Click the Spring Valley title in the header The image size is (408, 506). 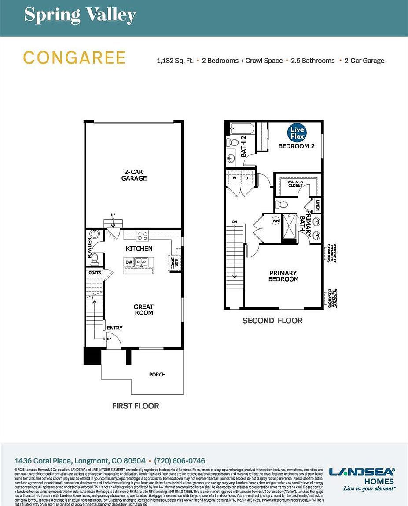pyautogui.click(x=80, y=15)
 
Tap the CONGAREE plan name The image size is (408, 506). pyautogui.click(x=74, y=58)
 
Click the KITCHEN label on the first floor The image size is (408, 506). pyautogui.click(x=139, y=249)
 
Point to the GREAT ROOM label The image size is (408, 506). pyautogui.click(x=144, y=310)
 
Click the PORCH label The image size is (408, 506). pyautogui.click(x=157, y=375)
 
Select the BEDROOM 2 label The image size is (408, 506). pyautogui.click(x=296, y=146)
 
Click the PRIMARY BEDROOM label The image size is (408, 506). pyautogui.click(x=283, y=276)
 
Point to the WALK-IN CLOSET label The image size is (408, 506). pyautogui.click(x=295, y=184)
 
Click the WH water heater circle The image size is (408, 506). pyautogui.click(x=276, y=220)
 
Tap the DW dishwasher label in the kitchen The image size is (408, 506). pyautogui.click(x=129, y=262)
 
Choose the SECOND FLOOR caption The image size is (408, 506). pyautogui.click(x=272, y=321)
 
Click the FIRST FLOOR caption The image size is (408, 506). pyautogui.click(x=136, y=406)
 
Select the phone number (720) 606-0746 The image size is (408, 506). pyautogui.click(x=180, y=461)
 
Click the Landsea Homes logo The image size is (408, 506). pyautogui.click(x=362, y=478)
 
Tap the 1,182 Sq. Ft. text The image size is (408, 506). pyautogui.click(x=175, y=61)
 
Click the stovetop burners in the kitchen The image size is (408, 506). pyautogui.click(x=142, y=236)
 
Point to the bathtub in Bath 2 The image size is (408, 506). pyautogui.click(x=242, y=129)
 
